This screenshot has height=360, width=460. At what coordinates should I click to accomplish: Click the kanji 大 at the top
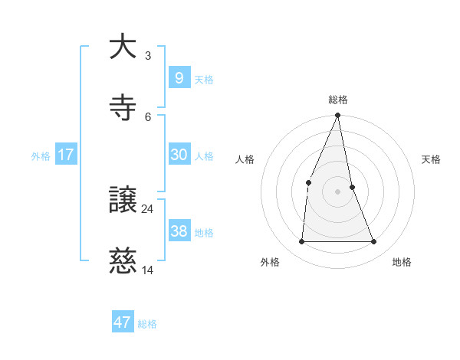point(122,47)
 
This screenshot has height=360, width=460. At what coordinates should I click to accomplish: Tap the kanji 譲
point(122,201)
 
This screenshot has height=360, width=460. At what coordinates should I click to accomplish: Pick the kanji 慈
point(122,262)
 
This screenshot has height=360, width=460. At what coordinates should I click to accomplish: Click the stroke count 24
point(148,208)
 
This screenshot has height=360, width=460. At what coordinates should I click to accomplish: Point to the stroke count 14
point(148,270)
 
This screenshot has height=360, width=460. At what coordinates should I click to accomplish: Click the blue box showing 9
point(179,77)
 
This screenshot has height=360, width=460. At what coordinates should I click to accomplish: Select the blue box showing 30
point(179,155)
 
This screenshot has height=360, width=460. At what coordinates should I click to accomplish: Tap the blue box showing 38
point(179,231)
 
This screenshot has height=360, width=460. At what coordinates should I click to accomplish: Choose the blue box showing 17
point(66,155)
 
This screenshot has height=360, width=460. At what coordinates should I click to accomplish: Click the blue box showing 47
point(123,322)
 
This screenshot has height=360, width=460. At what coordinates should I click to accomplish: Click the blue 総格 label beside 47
point(147,324)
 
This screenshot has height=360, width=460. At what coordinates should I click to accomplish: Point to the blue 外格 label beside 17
point(41,156)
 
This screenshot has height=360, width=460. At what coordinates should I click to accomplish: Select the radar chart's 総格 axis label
point(338,100)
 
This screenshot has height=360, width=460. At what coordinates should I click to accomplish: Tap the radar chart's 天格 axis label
point(432,159)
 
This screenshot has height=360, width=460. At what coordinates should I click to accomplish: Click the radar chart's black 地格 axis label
point(402,263)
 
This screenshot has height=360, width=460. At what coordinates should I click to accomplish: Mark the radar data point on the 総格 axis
point(338,116)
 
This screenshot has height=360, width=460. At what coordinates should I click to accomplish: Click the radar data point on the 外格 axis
point(301,241)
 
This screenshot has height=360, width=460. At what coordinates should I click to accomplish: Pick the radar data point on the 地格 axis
point(374,241)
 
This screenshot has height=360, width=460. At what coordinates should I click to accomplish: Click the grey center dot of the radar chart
point(338,191)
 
